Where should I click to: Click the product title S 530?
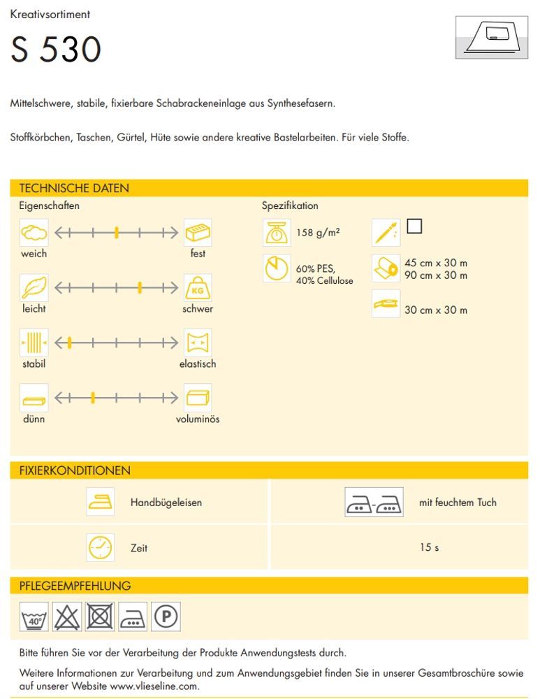point(56,50)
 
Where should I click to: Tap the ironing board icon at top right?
point(491,37)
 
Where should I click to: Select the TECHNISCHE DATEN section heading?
point(74,188)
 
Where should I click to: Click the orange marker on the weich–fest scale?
point(117,233)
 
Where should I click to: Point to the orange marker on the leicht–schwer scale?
point(140,287)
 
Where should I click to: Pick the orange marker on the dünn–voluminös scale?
point(93,398)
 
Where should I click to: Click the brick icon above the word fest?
point(198,233)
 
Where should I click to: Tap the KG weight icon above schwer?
point(198,287)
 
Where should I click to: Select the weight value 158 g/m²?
point(318,233)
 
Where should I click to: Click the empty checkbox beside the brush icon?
point(414,226)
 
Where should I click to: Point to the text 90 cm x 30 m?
point(436,275)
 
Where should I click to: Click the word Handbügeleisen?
point(166,503)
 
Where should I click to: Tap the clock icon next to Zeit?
point(101,547)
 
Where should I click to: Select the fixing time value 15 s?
point(429,547)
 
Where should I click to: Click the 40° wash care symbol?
point(34,617)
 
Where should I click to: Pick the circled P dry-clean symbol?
point(166,617)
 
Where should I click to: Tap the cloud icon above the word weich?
point(34,233)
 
